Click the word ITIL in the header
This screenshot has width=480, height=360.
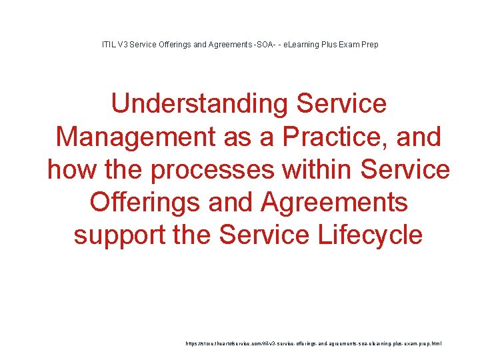click(108, 45)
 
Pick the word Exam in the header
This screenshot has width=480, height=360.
click(351, 45)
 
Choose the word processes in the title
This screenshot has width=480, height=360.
click(211, 169)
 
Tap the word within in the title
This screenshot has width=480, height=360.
click(317, 169)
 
